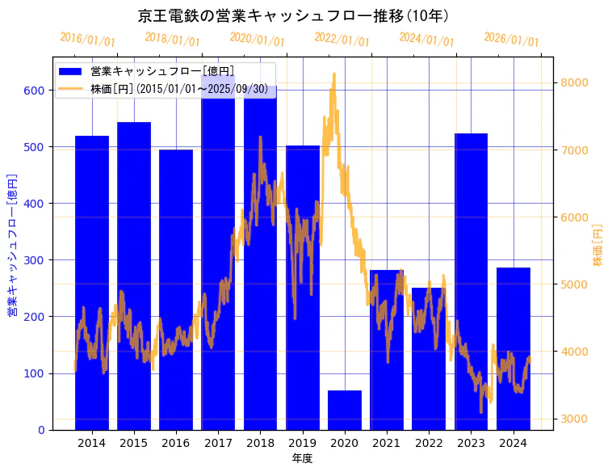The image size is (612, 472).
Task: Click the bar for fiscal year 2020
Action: pos(345,410)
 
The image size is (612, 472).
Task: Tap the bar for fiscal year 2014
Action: pos(91,283)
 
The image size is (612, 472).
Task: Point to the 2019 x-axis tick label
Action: pos(302,443)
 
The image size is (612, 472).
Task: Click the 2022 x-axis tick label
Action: pos(429,443)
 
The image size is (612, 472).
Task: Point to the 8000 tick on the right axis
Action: pos(575,83)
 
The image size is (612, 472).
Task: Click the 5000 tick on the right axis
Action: pos(575,284)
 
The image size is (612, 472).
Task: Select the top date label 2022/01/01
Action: pos(342,40)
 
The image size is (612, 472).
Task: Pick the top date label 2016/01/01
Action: pos(87,40)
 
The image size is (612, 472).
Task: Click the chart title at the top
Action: pos(294,15)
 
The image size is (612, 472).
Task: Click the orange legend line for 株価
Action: pos(70,88)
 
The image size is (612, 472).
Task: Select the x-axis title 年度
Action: pos(302,458)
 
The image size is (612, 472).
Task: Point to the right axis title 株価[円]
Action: pos(598,245)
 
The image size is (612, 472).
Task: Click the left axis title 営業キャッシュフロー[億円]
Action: pos(12,244)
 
